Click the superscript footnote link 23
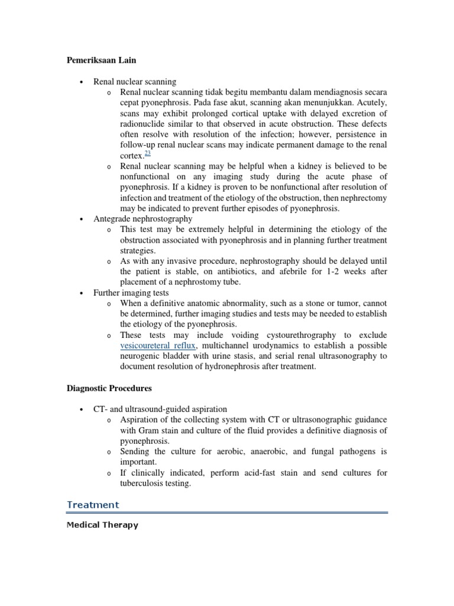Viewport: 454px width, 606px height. [x=147, y=153]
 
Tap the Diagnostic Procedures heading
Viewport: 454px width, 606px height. [x=109, y=388]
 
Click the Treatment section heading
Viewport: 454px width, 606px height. [x=93, y=505]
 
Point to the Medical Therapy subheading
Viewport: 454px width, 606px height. [x=102, y=525]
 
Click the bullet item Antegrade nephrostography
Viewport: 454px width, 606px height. [x=143, y=219]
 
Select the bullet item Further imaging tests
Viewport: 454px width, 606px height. [x=131, y=293]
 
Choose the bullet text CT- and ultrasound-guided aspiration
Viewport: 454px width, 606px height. [x=160, y=410]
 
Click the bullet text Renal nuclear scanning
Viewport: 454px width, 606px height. [x=135, y=82]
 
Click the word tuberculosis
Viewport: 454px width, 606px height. [x=145, y=483]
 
